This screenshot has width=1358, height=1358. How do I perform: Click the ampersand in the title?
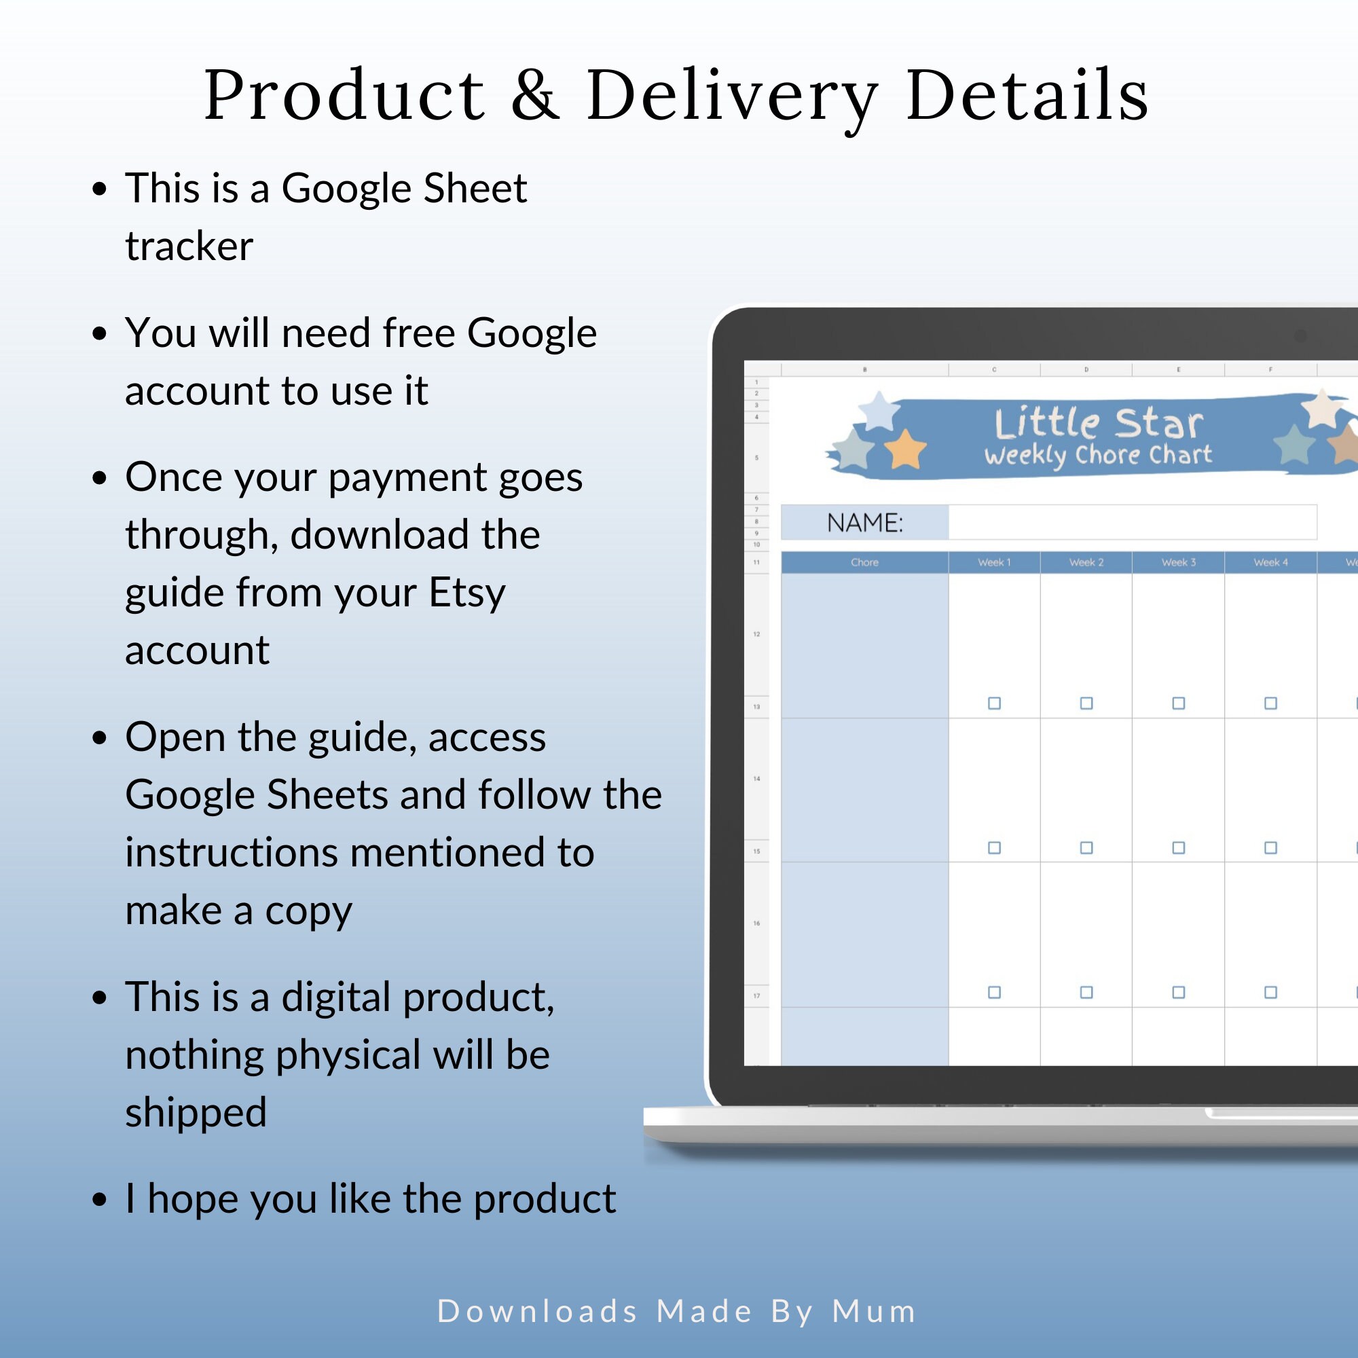(536, 95)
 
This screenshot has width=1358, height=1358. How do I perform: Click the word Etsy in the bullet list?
(466, 593)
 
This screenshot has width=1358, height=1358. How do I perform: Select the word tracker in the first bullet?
(189, 246)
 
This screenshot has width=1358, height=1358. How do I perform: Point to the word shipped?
(196, 1113)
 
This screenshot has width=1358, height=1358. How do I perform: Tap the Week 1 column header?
(994, 562)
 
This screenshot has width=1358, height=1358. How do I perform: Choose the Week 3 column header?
(1178, 562)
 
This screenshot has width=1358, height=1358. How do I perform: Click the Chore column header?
(864, 562)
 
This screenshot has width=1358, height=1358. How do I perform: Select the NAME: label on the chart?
(864, 523)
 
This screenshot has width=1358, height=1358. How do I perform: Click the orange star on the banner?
(905, 450)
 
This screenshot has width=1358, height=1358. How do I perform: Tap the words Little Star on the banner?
(1099, 423)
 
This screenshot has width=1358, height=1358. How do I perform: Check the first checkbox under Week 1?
(994, 703)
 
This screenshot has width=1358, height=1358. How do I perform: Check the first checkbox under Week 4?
(1270, 703)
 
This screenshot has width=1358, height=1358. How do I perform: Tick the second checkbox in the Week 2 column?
(1086, 847)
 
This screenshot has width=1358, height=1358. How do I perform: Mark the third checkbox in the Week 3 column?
(1178, 993)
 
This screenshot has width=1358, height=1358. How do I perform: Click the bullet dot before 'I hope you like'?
(100, 1200)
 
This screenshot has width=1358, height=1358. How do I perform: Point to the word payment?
(407, 478)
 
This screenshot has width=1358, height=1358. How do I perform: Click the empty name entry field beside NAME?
(1132, 523)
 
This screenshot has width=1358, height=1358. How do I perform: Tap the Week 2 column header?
(1086, 562)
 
